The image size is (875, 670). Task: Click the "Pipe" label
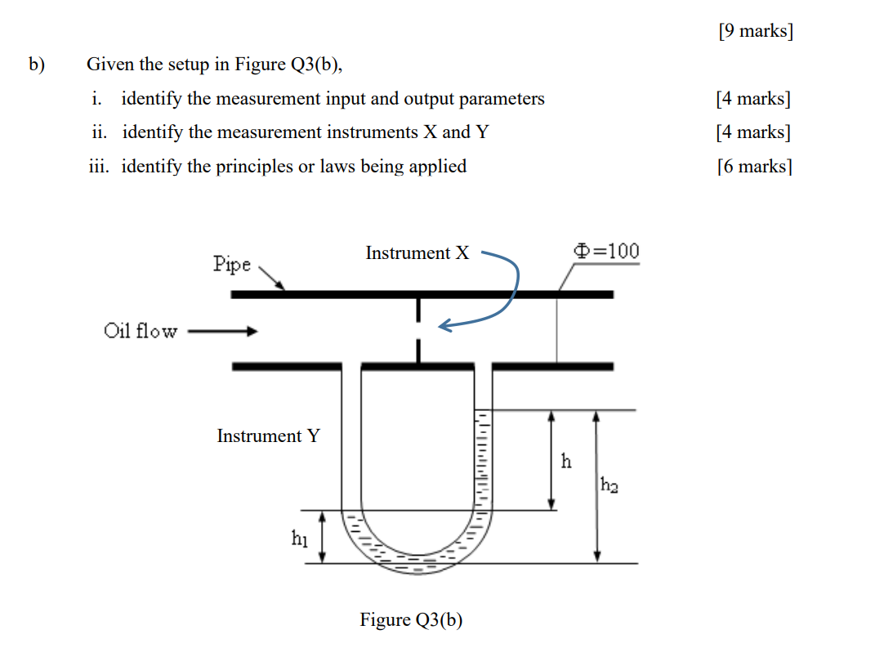coord(232,264)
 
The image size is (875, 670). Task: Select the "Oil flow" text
coord(140,331)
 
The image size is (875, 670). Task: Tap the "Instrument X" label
coord(417,253)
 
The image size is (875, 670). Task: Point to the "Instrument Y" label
coord(268,436)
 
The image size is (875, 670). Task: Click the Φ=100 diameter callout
coord(608,251)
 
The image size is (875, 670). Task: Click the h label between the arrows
coord(566,462)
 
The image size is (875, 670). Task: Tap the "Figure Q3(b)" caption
coord(411,620)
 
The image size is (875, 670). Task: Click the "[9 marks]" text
coord(755,32)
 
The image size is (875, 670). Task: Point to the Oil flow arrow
coord(222,332)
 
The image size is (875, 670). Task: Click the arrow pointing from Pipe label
coord(272,277)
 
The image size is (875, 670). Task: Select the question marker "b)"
coord(37,64)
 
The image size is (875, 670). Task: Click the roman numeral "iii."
coord(101,167)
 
